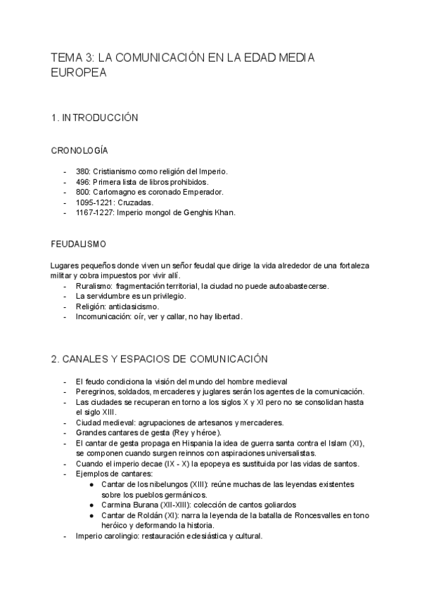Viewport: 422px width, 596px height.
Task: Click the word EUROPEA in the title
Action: [x=79, y=72]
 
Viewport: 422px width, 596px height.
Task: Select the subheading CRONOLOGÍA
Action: [x=79, y=150]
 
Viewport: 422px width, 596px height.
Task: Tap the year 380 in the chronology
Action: [x=83, y=171]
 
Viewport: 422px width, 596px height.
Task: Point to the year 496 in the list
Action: [x=83, y=181]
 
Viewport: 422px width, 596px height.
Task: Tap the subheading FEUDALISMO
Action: [x=79, y=244]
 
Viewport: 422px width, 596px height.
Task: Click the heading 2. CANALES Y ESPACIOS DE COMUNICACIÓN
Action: [x=160, y=359]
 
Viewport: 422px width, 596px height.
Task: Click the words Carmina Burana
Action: [x=132, y=505]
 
